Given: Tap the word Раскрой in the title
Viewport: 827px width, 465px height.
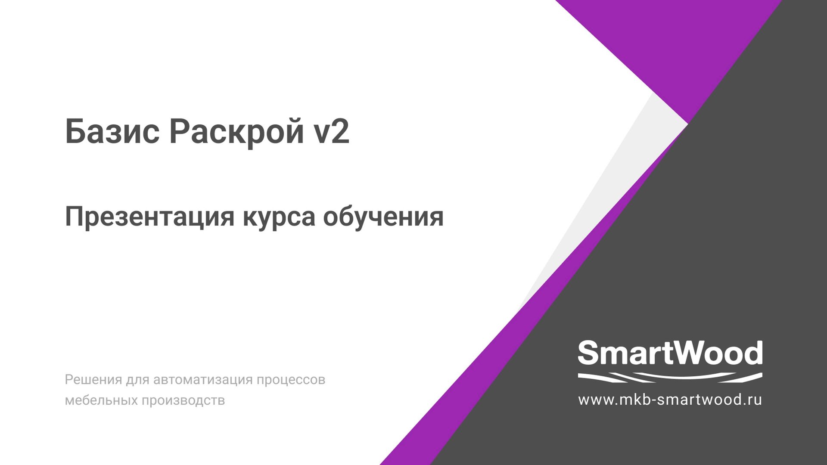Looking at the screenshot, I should click(x=236, y=132).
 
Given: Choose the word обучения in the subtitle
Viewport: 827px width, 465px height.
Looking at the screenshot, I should click(x=383, y=217).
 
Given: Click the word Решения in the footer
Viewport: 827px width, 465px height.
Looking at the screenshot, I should click(x=93, y=380).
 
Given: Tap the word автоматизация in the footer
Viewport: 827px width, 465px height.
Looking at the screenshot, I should click(x=202, y=380).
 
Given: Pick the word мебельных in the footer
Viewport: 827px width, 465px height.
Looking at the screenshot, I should click(x=101, y=400).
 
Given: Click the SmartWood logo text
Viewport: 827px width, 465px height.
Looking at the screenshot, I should click(x=670, y=353).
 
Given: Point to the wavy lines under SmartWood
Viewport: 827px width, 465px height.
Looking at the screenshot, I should click(x=670, y=378).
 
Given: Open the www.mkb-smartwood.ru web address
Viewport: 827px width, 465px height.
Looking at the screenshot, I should click(x=670, y=400).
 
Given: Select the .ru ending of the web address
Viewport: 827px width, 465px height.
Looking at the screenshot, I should click(x=752, y=400).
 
